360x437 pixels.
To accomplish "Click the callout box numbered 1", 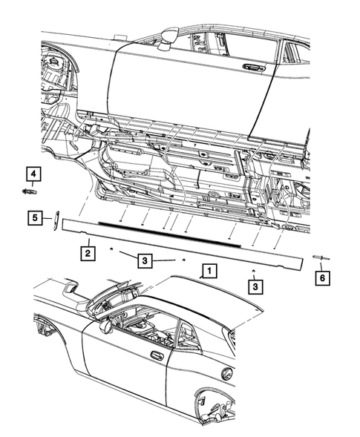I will pos(210,271).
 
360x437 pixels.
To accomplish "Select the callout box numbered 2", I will pos(88,254).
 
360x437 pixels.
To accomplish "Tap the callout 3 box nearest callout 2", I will pos(146,260).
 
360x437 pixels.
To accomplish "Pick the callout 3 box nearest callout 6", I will pos(255,285).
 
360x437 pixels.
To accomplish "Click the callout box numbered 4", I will pos(34,175).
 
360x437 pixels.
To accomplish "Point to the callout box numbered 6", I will pos(321,277).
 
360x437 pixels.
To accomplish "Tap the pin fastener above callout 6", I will pos(320,257).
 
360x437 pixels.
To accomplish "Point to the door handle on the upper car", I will pos(255,68).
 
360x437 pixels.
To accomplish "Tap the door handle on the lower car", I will pos(157,356).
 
